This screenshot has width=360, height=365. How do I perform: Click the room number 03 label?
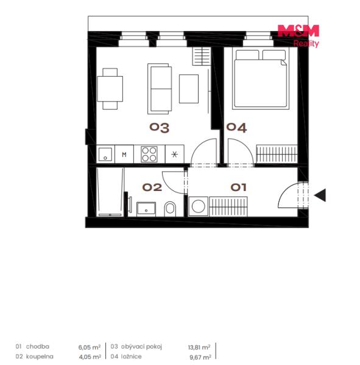pos(159,128)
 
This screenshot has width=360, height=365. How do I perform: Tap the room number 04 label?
pos(236,128)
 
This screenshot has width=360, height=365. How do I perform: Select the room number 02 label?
pos(152,187)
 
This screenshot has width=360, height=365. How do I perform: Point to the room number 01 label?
pos(238,187)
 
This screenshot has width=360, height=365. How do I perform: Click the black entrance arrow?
pos(320,195)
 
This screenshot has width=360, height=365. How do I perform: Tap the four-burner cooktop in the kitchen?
pos(149,154)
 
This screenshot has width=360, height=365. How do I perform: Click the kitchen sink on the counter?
pos(105,154)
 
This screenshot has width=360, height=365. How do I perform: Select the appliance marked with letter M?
pos(124,154)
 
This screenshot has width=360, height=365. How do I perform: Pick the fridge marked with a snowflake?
pos(175,154)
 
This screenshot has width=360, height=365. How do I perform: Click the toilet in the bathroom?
pos(170,209)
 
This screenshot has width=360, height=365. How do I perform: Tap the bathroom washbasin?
pos(146,209)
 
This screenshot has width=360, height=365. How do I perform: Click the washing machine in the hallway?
pos(199,206)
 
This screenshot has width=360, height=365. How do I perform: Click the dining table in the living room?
pos(110,89)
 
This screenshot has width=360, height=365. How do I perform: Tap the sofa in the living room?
pos(160,89)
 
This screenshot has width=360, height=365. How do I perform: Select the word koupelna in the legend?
pos(40,356)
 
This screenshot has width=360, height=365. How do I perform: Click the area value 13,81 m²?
pos(199,347)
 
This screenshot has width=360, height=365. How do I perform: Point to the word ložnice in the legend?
pos(132,356)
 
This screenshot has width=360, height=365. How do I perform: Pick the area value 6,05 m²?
pos(90,347)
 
